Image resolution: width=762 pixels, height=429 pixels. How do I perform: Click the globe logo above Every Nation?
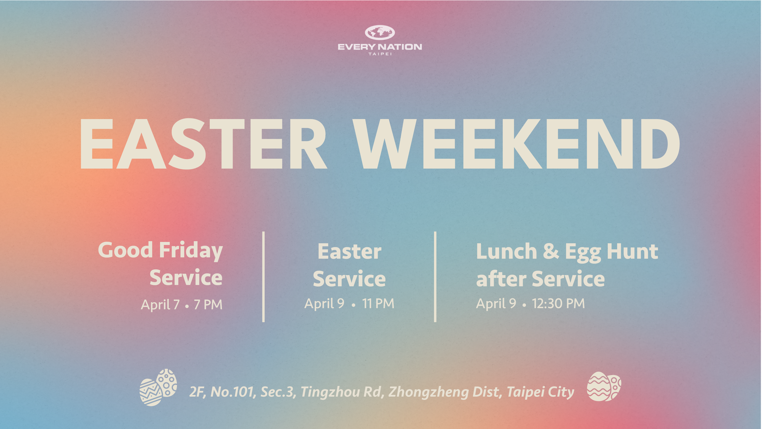coord(380,33)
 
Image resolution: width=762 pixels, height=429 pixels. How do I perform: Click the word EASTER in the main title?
coord(203,144)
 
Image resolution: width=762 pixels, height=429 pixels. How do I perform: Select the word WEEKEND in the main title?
coord(516,144)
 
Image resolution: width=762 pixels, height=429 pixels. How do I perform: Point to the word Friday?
coord(191,251)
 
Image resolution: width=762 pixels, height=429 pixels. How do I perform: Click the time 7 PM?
coord(208,305)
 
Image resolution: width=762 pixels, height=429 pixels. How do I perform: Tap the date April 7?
coord(160,305)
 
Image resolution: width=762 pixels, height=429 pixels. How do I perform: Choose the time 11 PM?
coord(378,303)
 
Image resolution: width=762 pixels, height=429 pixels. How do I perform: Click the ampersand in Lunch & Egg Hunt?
coord(551,251)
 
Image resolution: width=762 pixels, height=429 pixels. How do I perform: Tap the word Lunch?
coord(506,251)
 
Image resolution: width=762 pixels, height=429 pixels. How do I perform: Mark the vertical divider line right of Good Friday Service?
coord(263,277)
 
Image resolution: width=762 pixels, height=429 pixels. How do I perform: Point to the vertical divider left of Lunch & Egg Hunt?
coord(435,277)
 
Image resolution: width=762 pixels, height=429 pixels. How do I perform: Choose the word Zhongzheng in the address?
coord(428,392)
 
